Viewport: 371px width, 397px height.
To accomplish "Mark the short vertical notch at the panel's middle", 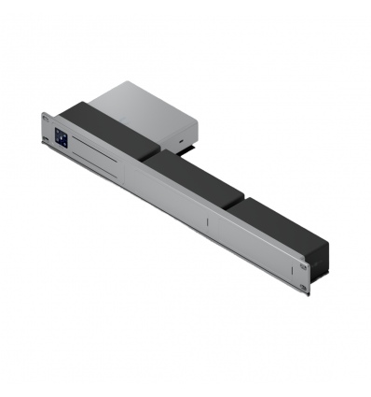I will [x=204, y=222].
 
